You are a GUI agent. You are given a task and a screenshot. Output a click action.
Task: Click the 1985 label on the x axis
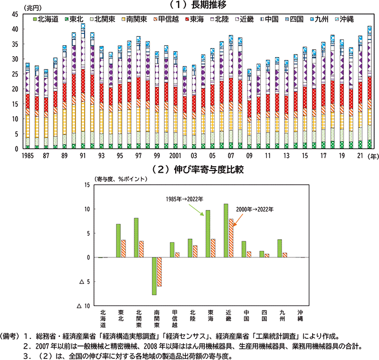click(x=27, y=155)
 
